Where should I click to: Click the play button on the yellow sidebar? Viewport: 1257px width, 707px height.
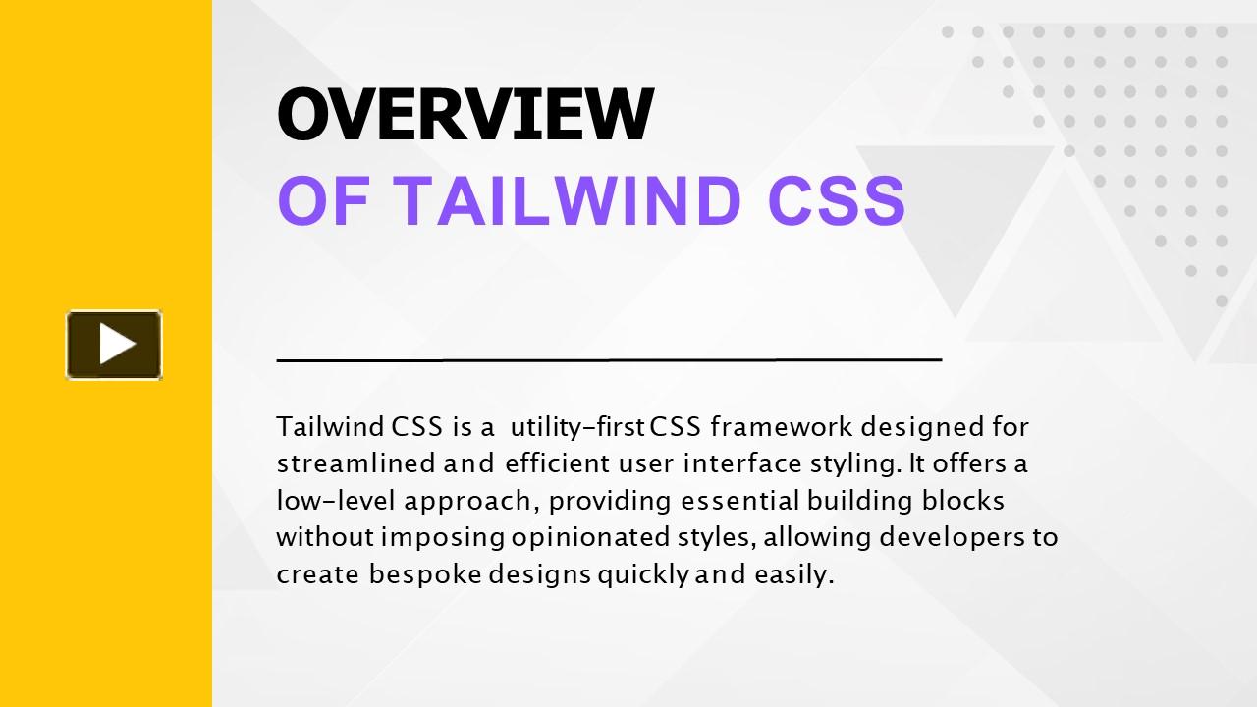point(114,345)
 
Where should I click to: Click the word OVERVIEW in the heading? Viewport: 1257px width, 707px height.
point(465,115)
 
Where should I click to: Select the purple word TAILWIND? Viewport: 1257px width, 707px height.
point(568,200)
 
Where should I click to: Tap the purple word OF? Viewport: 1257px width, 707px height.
point(323,200)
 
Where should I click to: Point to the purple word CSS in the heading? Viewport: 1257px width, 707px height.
point(836,200)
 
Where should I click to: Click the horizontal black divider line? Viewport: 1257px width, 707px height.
point(609,359)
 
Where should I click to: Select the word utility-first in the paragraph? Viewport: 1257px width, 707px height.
point(576,427)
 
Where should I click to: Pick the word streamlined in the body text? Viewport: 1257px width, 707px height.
point(355,463)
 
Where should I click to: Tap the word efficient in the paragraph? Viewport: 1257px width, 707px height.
point(557,463)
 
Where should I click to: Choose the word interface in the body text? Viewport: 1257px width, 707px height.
point(742,463)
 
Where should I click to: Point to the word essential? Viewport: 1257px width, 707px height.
point(740,501)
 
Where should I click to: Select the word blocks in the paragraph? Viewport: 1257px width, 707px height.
point(963,501)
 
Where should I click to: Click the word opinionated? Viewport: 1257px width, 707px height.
point(590,538)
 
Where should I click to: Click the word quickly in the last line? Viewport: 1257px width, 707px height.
point(642,575)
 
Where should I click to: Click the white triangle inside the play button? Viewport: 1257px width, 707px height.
point(116,344)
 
